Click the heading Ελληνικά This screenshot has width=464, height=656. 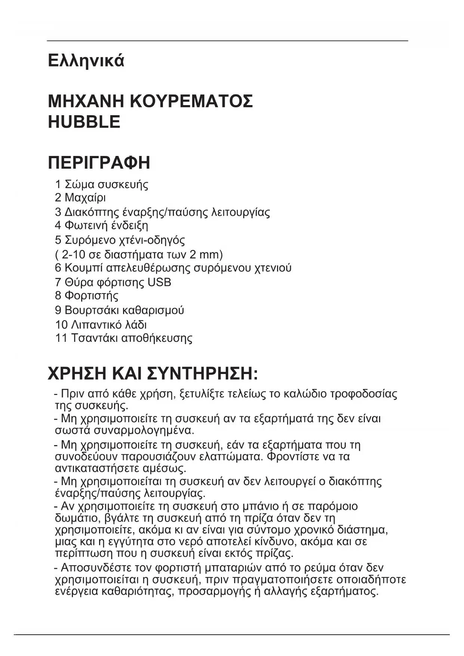[x=86, y=61]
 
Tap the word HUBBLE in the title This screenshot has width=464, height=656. [x=84, y=122]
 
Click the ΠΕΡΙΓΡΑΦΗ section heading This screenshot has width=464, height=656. [x=99, y=163]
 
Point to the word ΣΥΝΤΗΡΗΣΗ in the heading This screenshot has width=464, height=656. [x=202, y=374]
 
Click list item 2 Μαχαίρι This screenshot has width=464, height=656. [x=80, y=197]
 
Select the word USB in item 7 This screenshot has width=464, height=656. [x=160, y=282]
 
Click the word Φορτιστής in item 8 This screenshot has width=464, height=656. [x=92, y=296]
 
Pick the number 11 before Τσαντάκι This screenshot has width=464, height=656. [x=61, y=338]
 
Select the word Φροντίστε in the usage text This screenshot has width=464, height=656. [x=294, y=457]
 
